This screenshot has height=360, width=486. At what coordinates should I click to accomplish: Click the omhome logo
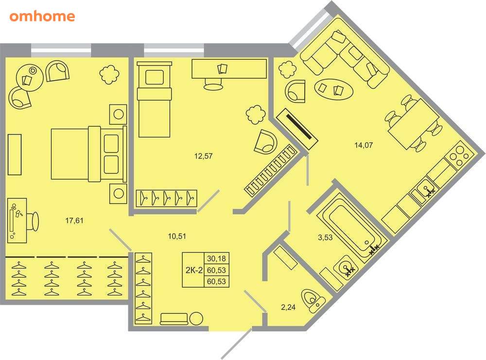(x=42, y=17)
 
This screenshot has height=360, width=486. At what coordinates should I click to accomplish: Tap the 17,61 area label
(x=75, y=221)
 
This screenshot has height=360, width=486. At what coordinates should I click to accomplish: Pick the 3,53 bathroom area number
(x=325, y=238)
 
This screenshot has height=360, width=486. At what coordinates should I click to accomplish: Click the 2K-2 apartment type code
(x=194, y=270)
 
